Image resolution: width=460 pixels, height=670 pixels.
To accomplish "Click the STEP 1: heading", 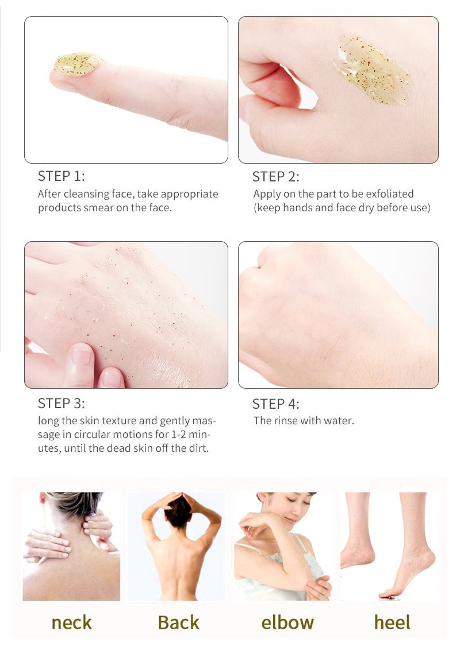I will (x=61, y=176).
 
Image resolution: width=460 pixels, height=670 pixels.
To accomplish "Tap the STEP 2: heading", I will (x=275, y=177).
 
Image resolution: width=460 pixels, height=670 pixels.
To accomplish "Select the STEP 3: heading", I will (x=61, y=403).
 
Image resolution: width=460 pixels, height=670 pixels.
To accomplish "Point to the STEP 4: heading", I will (x=275, y=404).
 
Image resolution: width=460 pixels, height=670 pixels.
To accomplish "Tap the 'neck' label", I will (x=71, y=622).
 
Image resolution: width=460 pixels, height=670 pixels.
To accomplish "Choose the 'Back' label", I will (x=178, y=622).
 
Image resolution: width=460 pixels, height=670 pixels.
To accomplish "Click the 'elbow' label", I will (x=287, y=622).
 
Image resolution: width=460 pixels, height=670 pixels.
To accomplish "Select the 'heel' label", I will (x=392, y=622).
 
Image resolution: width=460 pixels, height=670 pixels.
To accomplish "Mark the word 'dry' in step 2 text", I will (x=364, y=208).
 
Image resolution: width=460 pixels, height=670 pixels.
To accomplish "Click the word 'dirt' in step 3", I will (x=199, y=448).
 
